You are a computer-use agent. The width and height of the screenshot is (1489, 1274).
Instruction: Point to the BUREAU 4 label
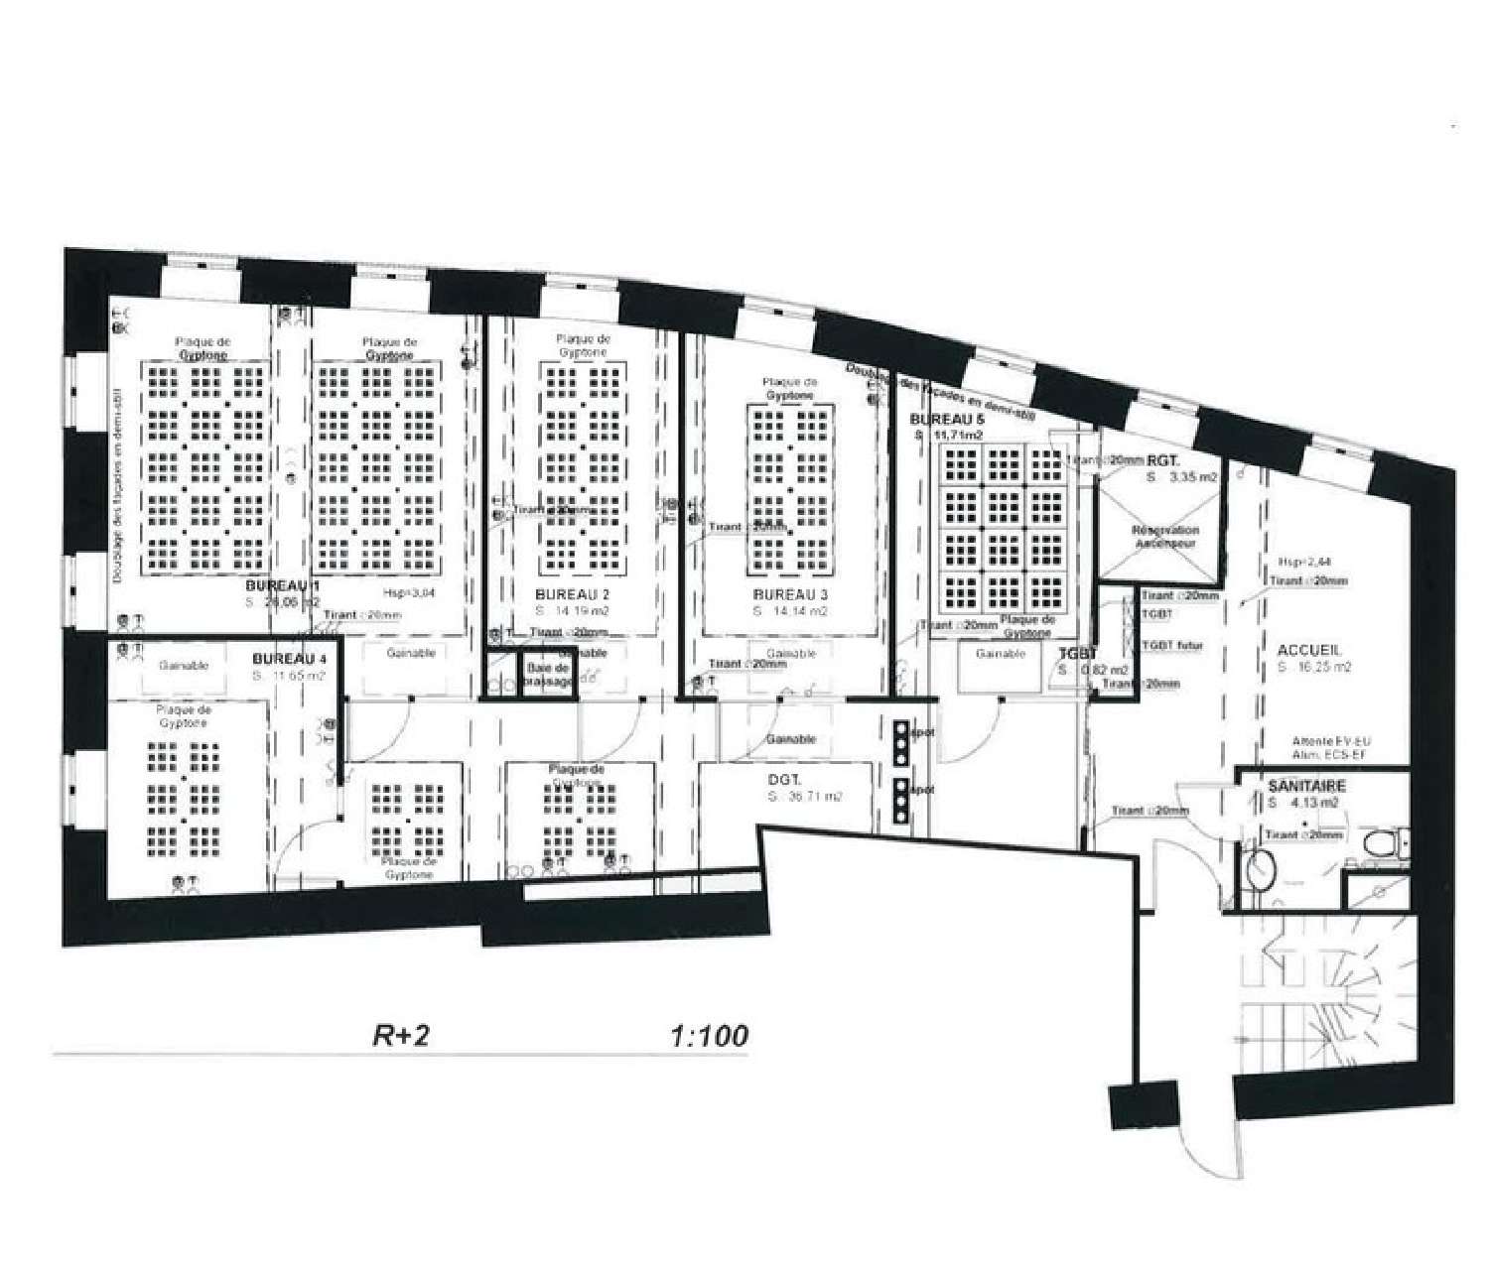click(289, 659)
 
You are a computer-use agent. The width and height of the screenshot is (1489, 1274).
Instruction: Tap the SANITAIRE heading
click(1307, 786)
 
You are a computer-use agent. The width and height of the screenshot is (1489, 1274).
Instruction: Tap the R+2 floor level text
click(400, 1036)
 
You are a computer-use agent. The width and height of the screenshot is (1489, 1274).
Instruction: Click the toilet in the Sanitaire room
click(1383, 844)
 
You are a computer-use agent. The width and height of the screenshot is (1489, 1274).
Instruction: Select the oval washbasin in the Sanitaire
click(1259, 869)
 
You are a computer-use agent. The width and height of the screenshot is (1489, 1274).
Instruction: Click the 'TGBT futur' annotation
click(1172, 646)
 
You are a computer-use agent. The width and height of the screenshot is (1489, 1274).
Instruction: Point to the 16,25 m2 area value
click(1315, 668)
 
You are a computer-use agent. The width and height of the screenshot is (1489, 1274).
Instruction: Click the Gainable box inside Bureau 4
click(185, 666)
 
